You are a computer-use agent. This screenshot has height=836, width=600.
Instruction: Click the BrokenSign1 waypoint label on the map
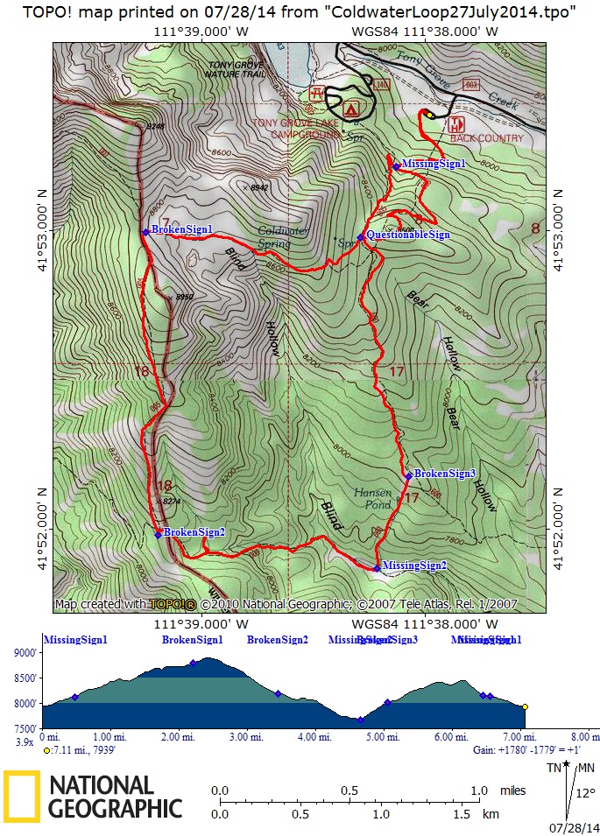[181, 230]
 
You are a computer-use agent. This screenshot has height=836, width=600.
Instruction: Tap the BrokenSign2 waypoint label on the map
[194, 532]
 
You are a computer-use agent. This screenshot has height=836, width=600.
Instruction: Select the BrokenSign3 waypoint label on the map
[444, 474]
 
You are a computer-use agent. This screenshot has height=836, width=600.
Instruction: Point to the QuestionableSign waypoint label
[407, 235]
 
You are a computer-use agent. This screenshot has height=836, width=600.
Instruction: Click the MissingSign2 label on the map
[414, 566]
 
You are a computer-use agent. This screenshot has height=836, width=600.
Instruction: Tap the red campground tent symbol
[351, 109]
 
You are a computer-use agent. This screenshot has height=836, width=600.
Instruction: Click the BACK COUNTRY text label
[486, 138]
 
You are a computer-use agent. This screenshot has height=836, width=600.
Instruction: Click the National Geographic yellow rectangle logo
[21, 797]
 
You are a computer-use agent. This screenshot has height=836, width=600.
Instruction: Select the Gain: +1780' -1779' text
[526, 750]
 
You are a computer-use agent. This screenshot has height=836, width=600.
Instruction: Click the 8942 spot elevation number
[258, 188]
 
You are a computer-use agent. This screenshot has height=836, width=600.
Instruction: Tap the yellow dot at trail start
[430, 115]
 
